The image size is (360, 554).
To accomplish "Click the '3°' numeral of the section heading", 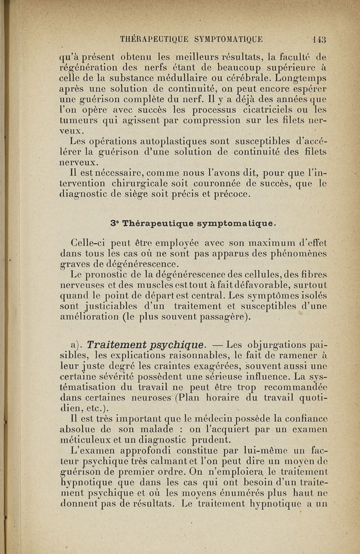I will (x=114, y=223).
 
